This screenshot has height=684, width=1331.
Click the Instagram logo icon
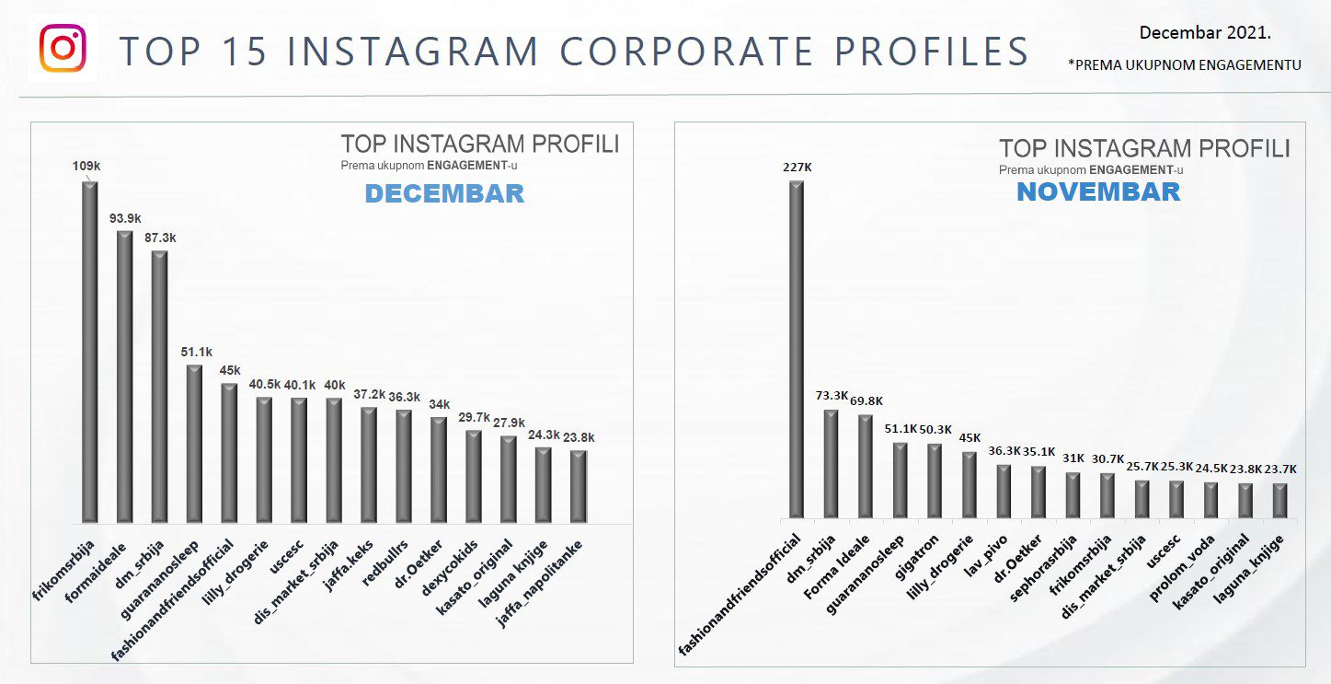tap(63, 49)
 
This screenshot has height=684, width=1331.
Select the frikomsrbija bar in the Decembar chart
tap(89, 350)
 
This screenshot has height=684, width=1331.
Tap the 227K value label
tap(797, 167)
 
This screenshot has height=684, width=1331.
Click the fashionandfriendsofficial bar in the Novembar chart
tap(797, 350)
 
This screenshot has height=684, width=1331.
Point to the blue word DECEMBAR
tap(444, 194)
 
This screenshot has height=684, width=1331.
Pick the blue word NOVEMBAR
tap(1097, 191)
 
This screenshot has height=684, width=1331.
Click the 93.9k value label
tap(124, 217)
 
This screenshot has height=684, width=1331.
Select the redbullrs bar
tap(404, 465)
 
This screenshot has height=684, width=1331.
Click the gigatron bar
tap(935, 481)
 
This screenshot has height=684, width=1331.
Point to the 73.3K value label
tap(832, 395)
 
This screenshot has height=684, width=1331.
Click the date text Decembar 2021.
tap(1205, 32)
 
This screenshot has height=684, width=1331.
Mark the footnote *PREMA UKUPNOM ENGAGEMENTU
tap(1185, 64)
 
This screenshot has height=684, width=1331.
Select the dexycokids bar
tap(474, 476)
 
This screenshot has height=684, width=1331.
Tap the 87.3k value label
tap(159, 238)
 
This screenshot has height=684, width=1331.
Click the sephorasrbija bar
tap(1073, 495)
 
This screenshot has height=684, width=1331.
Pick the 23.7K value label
tap(1280, 469)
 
